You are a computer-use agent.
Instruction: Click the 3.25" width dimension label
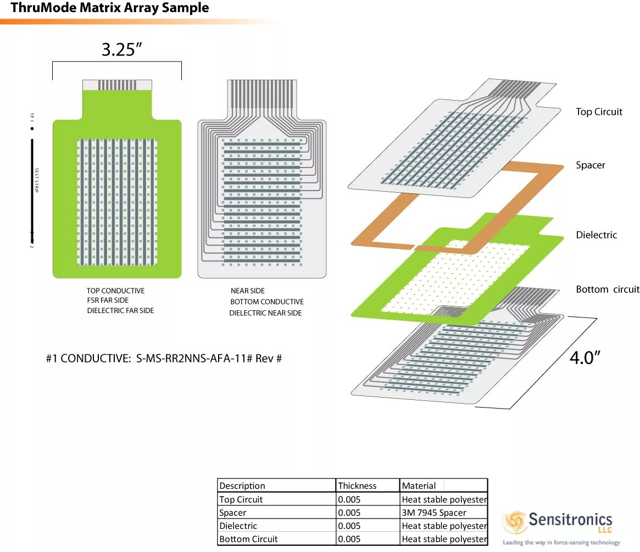[x=121, y=49]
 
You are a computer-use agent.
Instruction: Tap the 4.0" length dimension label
[x=585, y=358]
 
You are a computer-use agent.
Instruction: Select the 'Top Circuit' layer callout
[x=599, y=112]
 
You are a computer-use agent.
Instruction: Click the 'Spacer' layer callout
[x=590, y=165]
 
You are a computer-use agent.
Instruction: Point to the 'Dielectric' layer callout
[x=596, y=235]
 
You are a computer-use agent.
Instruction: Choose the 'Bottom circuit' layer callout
[x=607, y=289]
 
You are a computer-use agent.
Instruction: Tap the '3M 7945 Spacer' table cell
[x=433, y=512]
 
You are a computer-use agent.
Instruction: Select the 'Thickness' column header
[x=357, y=486]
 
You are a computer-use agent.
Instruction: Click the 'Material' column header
[x=419, y=486]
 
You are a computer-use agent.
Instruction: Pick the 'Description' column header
[x=242, y=486]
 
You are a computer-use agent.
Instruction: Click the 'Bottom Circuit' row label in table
[x=248, y=539]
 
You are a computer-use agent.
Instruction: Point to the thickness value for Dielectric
[x=349, y=526]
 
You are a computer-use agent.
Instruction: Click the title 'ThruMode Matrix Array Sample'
[x=110, y=8]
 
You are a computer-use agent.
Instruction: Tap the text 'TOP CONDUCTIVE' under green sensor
[x=115, y=291]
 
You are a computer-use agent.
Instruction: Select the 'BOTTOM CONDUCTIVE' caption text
[x=266, y=302]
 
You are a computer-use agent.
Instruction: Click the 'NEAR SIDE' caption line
[x=247, y=291]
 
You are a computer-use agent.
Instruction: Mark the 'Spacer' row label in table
[x=232, y=512]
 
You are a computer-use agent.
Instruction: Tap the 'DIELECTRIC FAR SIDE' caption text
[x=120, y=311]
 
